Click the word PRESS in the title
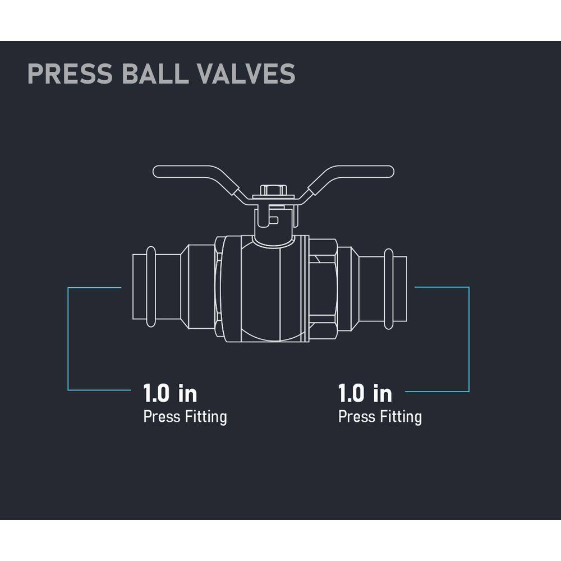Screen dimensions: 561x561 click(70, 73)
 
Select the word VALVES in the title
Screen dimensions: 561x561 click(246, 73)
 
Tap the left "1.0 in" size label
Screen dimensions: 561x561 click(171, 393)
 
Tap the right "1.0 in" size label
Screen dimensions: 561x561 click(365, 393)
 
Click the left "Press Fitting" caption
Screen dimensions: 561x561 click(185, 417)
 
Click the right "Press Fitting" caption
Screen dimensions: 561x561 click(380, 417)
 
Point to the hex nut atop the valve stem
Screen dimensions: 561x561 click(273, 190)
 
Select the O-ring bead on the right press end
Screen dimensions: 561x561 click(389, 289)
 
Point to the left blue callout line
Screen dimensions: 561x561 click(68, 338)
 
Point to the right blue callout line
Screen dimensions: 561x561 click(468, 339)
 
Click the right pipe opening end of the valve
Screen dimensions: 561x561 click(401, 289)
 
